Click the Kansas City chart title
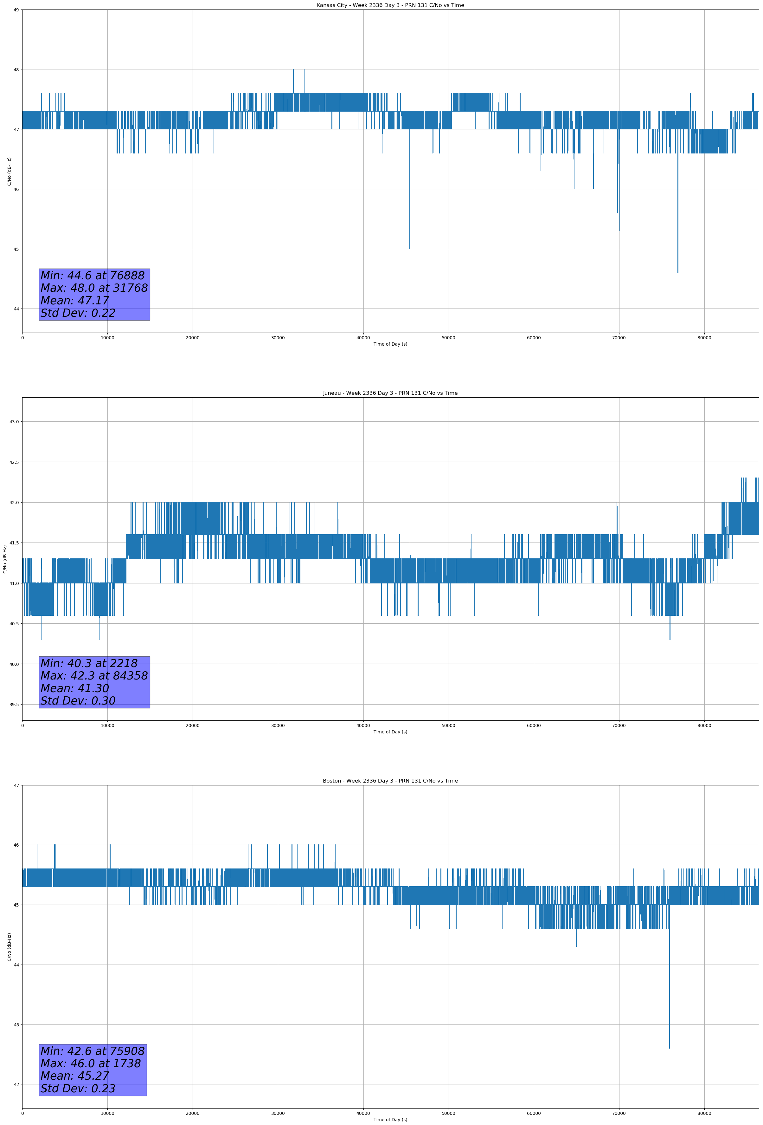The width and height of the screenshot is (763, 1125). click(x=390, y=5)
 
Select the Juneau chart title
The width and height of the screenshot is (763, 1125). click(x=390, y=393)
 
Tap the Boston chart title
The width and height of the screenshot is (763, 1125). click(x=390, y=781)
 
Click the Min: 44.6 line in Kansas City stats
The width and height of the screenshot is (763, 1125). click(x=93, y=276)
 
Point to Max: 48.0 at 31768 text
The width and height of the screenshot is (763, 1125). click(x=94, y=288)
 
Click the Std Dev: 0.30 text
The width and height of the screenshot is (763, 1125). click(x=78, y=701)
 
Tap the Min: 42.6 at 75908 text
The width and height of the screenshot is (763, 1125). click(x=93, y=1051)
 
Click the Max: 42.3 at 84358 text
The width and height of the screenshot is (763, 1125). click(x=94, y=676)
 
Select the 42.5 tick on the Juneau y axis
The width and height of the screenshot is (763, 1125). click(x=14, y=462)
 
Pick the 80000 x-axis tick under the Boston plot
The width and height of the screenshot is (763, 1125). click(x=704, y=1113)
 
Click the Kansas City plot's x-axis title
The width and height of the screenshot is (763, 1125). click(x=390, y=344)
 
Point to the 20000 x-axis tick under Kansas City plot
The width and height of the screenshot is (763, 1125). click(x=193, y=338)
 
